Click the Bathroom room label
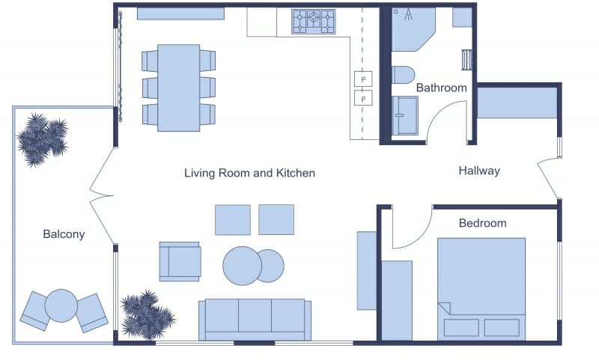click(x=441, y=88)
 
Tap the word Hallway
click(x=478, y=171)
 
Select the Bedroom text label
click(x=482, y=223)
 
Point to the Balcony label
click(x=64, y=234)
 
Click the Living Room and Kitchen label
click(x=249, y=173)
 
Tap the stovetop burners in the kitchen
click(x=313, y=21)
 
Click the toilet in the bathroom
click(x=403, y=75)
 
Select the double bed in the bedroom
click(x=481, y=287)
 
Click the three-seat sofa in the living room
click(x=255, y=318)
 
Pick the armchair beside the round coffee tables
click(x=180, y=261)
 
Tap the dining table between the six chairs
click(x=178, y=88)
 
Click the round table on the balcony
click(x=61, y=305)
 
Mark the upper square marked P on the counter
click(x=363, y=79)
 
